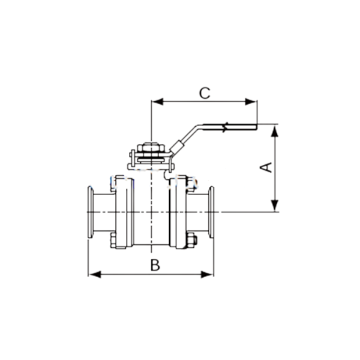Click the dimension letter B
point(155,265)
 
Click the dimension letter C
point(205,93)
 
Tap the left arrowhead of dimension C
point(155,102)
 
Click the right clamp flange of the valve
point(211,211)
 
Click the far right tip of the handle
point(255,126)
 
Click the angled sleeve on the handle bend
point(177,145)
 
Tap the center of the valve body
point(151,211)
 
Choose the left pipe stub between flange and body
point(103,211)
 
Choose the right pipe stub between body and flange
point(198,211)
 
